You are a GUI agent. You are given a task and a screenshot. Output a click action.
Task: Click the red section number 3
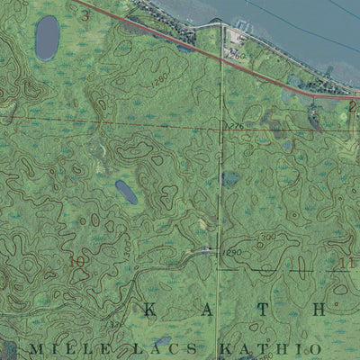(x=85, y=15)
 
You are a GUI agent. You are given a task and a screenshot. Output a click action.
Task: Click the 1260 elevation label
(x=238, y=56)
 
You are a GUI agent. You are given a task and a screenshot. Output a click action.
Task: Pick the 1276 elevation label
(x=236, y=125)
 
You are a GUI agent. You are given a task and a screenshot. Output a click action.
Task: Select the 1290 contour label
(x=233, y=254)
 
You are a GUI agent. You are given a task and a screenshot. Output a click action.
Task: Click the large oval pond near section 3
(x=47, y=37)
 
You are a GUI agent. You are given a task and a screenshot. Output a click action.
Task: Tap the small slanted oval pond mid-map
(x=126, y=191)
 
